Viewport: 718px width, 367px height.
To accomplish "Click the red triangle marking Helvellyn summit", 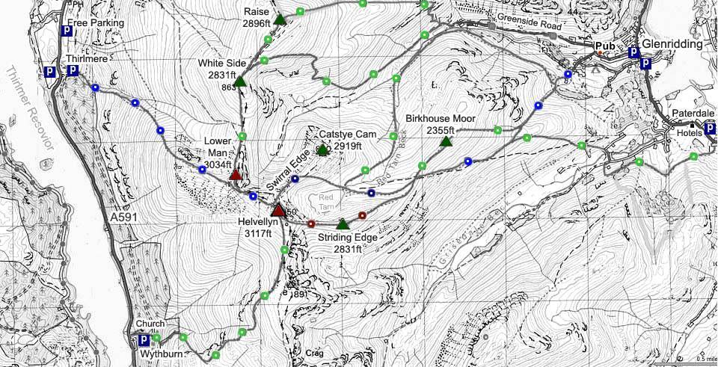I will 277,210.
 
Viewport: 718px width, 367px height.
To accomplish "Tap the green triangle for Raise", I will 280,19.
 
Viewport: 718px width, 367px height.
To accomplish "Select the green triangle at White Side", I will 241,81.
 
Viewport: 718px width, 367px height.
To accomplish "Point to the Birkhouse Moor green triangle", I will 447,141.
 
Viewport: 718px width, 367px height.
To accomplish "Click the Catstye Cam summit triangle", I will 322,149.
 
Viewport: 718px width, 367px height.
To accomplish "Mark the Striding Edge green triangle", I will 343,223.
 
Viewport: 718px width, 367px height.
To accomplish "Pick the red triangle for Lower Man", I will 236,175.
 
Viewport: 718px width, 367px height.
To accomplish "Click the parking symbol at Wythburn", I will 144,341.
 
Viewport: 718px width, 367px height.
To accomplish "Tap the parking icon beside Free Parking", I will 67,33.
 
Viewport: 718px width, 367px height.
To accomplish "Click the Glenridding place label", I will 672,44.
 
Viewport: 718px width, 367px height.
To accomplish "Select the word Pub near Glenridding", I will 604,46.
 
